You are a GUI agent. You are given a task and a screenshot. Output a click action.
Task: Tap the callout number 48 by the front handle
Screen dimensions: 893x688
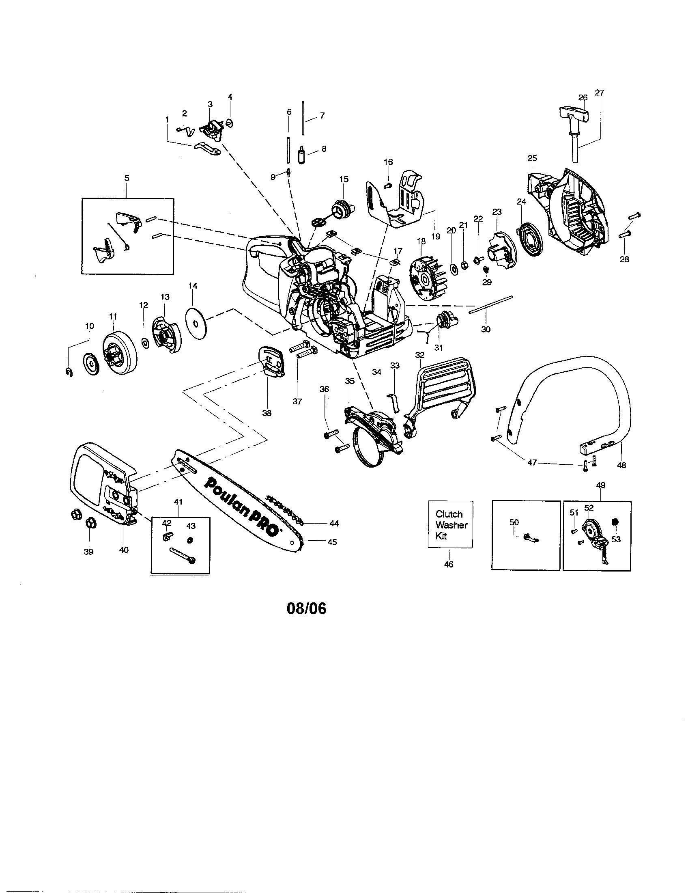621,465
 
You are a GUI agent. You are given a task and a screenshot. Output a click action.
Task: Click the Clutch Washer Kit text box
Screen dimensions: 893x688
450,525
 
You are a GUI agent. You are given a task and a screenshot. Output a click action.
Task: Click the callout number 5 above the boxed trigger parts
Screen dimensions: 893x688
127,178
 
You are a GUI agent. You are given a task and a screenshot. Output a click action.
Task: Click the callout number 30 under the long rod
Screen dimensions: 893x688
485,329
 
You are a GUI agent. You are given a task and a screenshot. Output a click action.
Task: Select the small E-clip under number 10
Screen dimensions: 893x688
69,372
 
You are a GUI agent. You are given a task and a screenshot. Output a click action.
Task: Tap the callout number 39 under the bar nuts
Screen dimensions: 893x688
88,552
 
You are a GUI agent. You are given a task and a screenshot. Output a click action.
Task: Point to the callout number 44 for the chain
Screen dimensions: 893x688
334,523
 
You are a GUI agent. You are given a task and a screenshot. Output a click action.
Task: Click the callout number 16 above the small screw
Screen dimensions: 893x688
388,162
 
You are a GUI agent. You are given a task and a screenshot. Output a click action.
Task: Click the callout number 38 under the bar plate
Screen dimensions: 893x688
267,413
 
